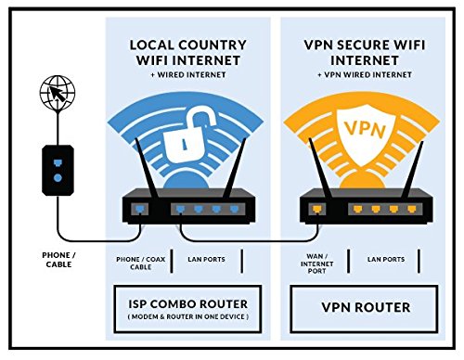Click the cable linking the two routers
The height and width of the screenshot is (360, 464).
pyautogui.click(x=241, y=235)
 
